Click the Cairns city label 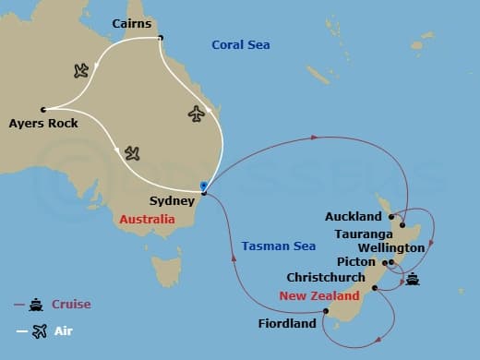click(x=131, y=22)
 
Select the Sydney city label click(x=171, y=199)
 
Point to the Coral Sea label click(x=240, y=44)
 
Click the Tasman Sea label click(x=279, y=246)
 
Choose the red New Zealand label click(x=319, y=296)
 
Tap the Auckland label click(x=354, y=217)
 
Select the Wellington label click(x=392, y=247)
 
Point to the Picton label click(x=356, y=262)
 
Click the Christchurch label click(x=327, y=278)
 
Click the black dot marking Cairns click(x=161, y=38)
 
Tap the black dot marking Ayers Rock click(x=43, y=109)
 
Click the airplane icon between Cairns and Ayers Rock click(x=80, y=70)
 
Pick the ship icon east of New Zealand click(x=413, y=280)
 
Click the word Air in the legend click(x=62, y=330)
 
